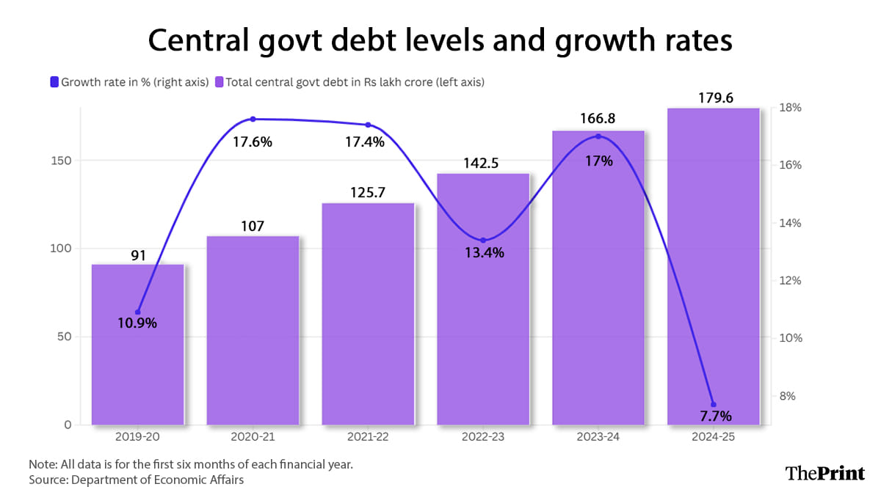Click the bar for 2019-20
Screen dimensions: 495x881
tap(138, 345)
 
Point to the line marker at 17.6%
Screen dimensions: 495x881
tap(253, 119)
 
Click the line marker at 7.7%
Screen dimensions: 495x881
tap(713, 404)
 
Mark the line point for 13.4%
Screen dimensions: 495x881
tap(483, 240)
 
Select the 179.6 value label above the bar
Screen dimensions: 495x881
tap(713, 98)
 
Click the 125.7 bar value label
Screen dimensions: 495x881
tap(368, 193)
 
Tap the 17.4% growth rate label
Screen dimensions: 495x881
tap(364, 142)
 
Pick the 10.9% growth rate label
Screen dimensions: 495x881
tap(137, 323)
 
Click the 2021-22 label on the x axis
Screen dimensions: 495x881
tap(368, 437)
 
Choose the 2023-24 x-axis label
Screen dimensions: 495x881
tap(598, 437)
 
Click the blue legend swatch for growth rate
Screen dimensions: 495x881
tap(54, 83)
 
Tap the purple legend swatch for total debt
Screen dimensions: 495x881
tap(219, 83)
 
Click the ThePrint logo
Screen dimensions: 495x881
tap(825, 473)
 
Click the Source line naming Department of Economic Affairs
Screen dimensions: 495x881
tap(136, 480)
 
